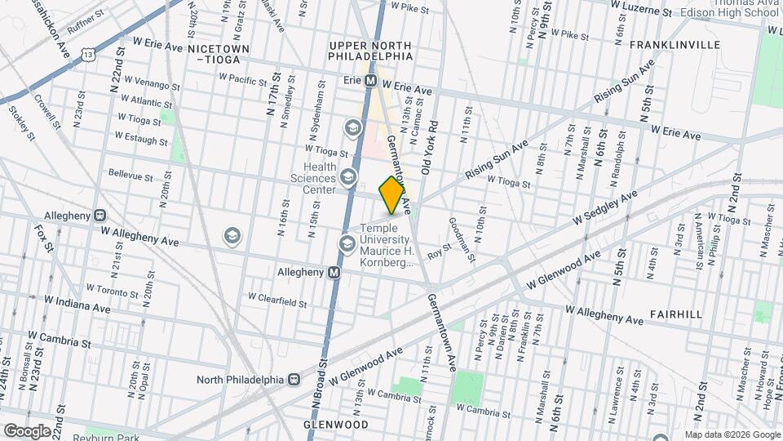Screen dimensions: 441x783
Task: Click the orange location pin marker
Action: [x=391, y=194]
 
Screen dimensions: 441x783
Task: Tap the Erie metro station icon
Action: [x=370, y=81]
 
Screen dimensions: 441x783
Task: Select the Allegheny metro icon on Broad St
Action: [x=334, y=273]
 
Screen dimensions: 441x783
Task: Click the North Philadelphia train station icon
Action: [x=292, y=380]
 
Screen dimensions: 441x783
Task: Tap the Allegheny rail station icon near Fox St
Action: [x=100, y=216]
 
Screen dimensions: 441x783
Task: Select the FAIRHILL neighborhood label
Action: [x=676, y=314]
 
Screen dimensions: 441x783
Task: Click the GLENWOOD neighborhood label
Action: [x=334, y=425]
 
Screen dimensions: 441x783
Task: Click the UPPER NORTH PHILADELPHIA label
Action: [x=371, y=50]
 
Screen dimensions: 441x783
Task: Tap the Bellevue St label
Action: [x=130, y=176]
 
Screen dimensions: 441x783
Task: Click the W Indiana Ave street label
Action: [x=77, y=307]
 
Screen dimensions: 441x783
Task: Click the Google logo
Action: [x=27, y=430]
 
